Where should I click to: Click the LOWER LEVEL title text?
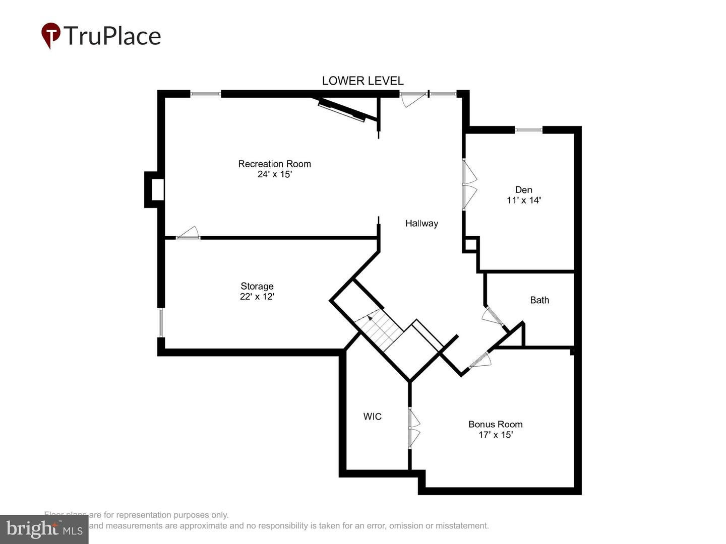click(362, 81)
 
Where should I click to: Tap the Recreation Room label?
click(274, 164)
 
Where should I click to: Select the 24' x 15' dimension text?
click(274, 174)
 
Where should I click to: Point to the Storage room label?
click(257, 286)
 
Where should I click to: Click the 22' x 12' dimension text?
click(257, 297)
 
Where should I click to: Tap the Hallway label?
click(421, 223)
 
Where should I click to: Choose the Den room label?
click(523, 190)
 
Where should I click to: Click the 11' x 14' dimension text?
click(523, 200)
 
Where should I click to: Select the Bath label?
click(539, 300)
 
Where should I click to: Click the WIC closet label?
click(372, 417)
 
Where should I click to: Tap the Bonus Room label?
click(495, 424)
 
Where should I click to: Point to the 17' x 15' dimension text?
click(495, 435)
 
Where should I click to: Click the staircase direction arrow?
click(370, 317)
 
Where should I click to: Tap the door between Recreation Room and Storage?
click(188, 234)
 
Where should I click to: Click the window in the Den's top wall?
click(528, 130)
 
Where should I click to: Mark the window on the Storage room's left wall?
click(161, 322)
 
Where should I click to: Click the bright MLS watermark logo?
click(44, 529)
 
